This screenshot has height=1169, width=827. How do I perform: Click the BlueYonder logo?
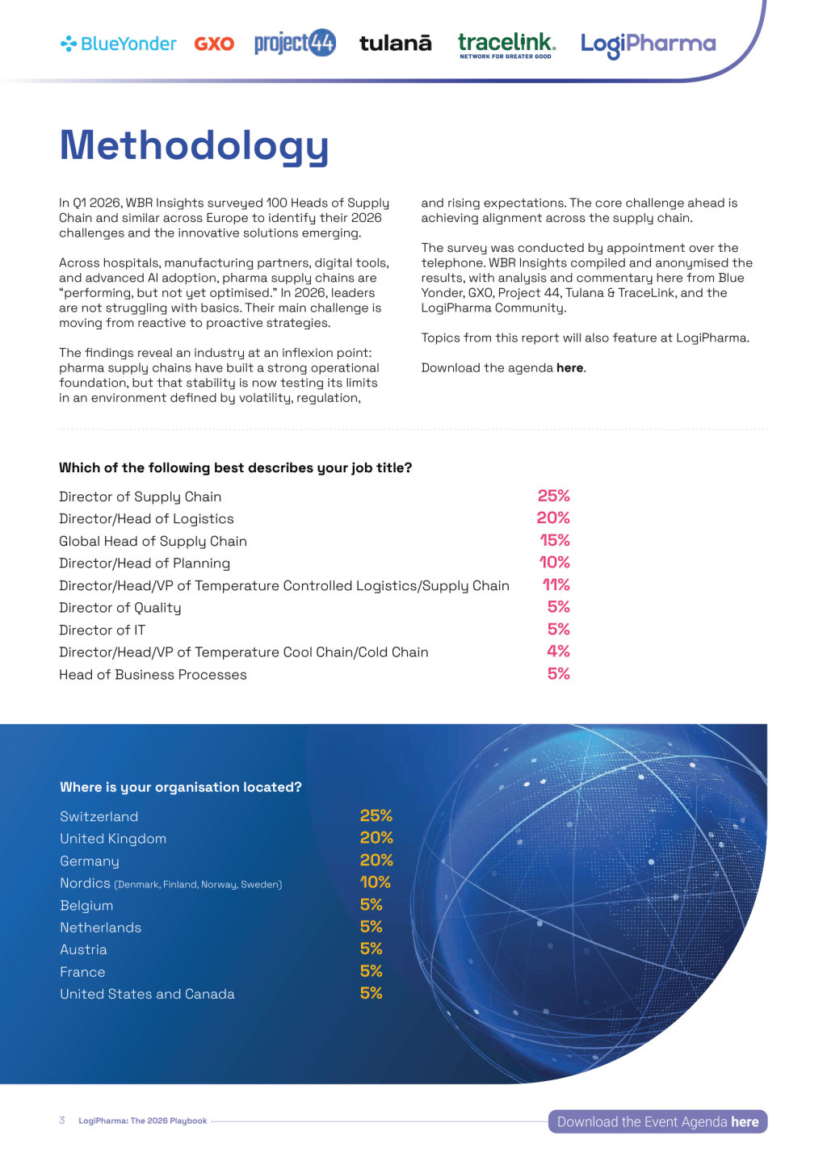click(119, 44)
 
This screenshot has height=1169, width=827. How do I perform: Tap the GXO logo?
click(214, 44)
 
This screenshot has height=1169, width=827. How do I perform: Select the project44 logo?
click(295, 43)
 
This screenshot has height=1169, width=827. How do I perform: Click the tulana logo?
click(395, 43)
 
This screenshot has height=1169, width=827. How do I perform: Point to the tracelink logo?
click(506, 44)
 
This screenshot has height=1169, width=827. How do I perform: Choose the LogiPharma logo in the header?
click(648, 44)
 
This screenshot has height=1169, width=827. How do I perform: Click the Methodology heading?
click(194, 146)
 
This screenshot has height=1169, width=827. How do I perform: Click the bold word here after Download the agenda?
click(569, 368)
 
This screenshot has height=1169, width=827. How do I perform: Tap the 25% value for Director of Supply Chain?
click(553, 496)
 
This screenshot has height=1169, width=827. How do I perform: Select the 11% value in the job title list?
click(556, 584)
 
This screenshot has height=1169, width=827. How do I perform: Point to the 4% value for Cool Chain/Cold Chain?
click(558, 652)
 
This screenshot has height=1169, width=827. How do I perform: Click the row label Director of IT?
click(103, 631)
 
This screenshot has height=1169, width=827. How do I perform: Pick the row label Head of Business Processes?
click(153, 675)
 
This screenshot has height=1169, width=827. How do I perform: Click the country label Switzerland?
click(99, 817)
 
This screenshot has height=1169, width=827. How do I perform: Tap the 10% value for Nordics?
click(375, 882)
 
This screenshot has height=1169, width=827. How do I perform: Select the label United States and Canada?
click(147, 995)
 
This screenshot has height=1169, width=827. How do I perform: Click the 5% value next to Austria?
click(371, 949)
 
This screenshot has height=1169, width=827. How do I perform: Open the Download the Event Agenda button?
click(657, 1122)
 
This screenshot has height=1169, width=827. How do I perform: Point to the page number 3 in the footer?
click(62, 1121)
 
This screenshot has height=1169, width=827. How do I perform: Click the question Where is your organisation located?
click(180, 787)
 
